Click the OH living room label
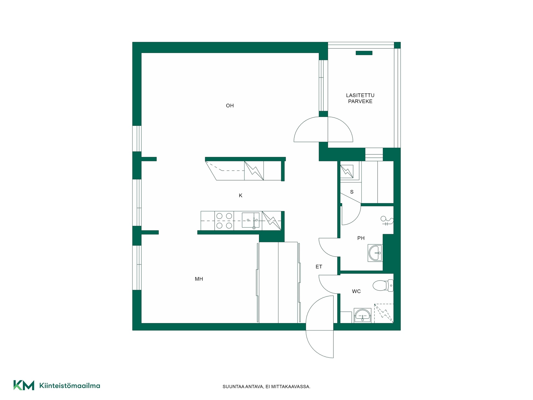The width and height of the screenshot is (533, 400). click(x=230, y=106)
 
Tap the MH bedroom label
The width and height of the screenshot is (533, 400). click(x=199, y=279)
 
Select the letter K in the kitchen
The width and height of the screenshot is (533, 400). click(x=241, y=196)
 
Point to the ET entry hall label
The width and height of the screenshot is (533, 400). click(x=319, y=267)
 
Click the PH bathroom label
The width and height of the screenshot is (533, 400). click(x=361, y=238)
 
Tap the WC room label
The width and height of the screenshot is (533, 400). click(x=356, y=291)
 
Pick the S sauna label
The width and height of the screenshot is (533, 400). click(x=352, y=192)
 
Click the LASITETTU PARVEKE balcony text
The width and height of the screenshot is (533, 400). click(x=360, y=98)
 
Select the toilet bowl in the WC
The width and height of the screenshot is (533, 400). click(x=383, y=286)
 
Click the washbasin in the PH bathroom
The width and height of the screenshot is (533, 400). click(x=375, y=253)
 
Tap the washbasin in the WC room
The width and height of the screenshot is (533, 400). click(x=363, y=316)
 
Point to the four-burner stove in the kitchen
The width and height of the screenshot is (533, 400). click(x=224, y=221)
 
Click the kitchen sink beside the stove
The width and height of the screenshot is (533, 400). click(x=251, y=220)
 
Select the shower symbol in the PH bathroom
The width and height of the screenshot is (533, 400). click(x=387, y=221)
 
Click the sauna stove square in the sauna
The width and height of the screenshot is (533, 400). click(x=347, y=171)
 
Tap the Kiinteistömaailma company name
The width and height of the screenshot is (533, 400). click(x=70, y=386)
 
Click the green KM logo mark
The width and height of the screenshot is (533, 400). click(x=24, y=385)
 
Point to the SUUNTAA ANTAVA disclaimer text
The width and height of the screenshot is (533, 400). click(x=266, y=387)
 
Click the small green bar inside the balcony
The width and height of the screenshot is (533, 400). click(x=364, y=53)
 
